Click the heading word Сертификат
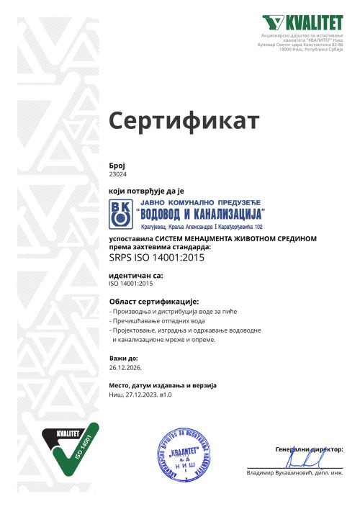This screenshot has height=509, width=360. tap(183, 122)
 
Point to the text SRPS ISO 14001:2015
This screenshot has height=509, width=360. tap(155, 256)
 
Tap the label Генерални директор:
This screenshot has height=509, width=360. tap(309, 449)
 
